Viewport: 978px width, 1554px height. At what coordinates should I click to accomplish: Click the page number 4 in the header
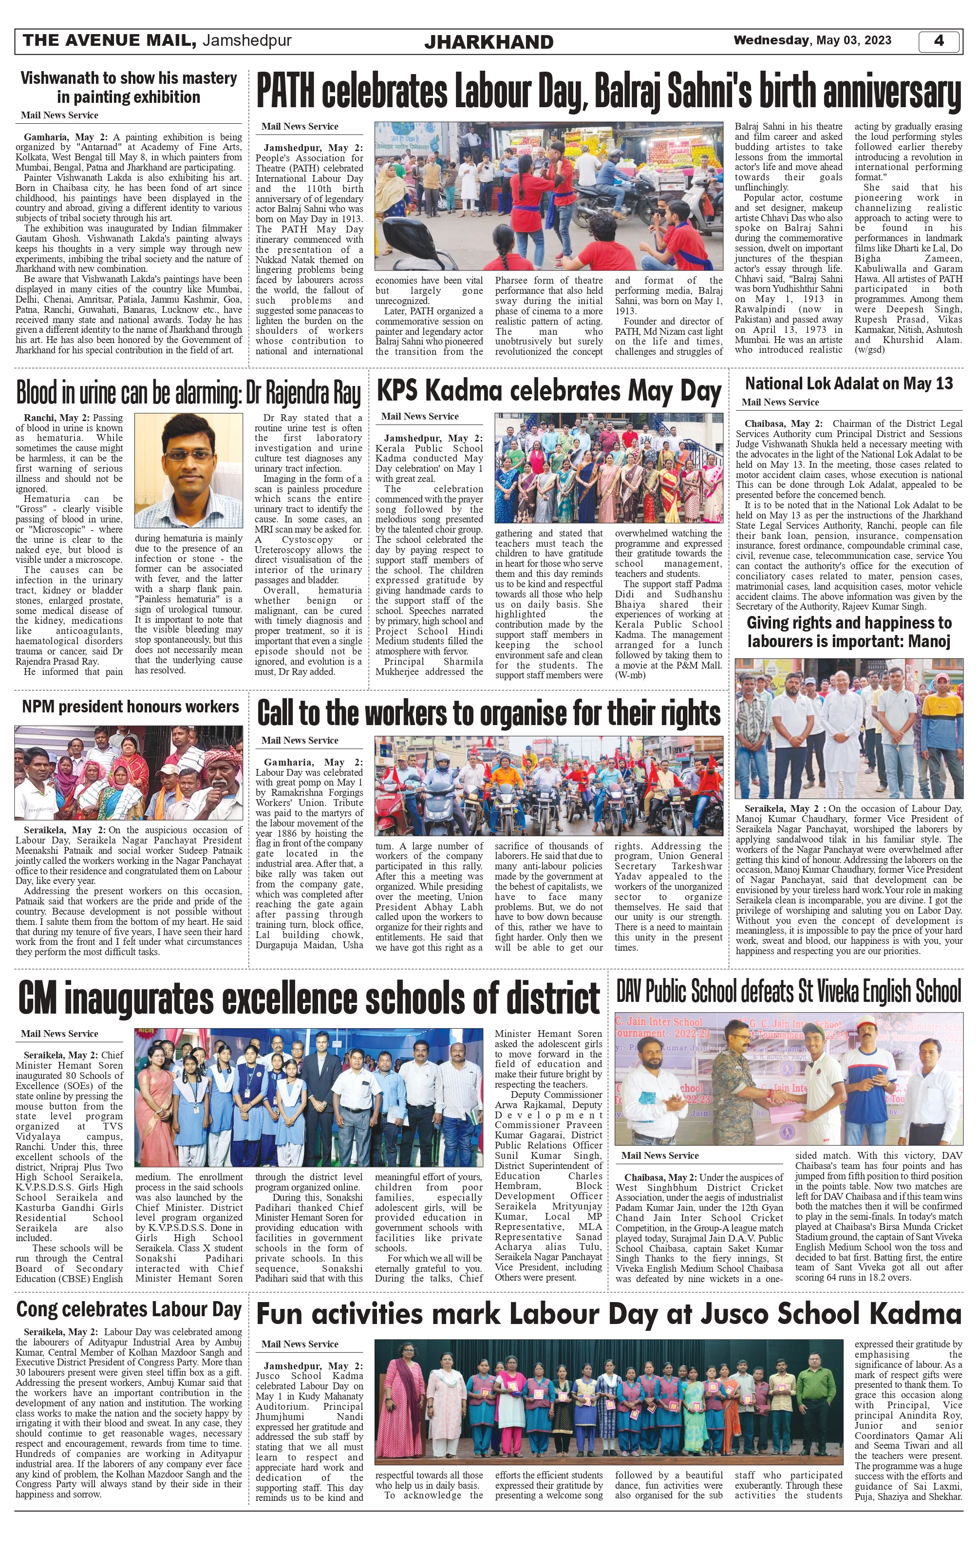pos(939,40)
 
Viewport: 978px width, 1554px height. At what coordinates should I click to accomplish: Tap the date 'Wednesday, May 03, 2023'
pos(812,40)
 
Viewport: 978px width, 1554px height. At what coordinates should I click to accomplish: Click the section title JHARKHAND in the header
pos(489,42)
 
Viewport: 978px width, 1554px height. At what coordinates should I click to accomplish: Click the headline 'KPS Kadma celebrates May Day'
pos(548,391)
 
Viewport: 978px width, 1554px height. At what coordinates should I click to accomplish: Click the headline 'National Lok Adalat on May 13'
pos(848,384)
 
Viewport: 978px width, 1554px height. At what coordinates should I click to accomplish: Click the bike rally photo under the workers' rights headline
pos(548,786)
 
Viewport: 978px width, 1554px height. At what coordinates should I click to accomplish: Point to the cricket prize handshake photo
pos(789,1078)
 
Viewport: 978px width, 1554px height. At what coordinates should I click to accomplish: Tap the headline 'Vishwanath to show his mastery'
pos(129,78)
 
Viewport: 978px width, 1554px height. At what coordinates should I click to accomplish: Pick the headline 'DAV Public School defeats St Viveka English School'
pos(789,992)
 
